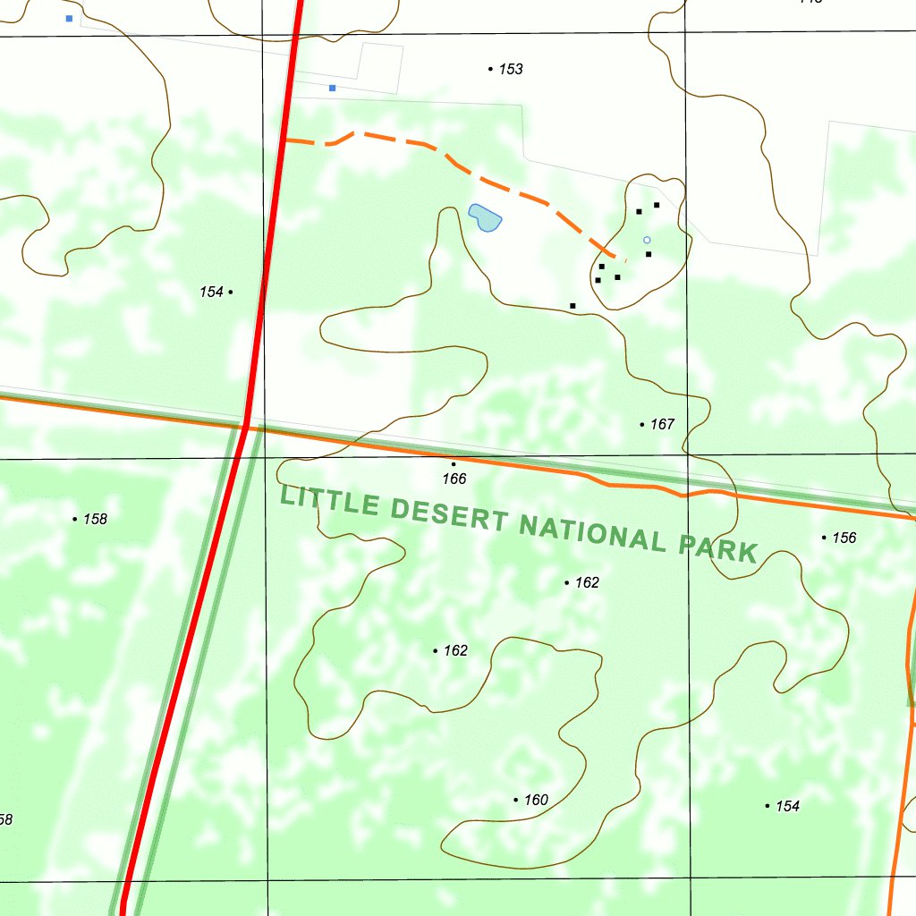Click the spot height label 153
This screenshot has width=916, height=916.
coord(511,70)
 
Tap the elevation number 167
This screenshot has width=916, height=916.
coord(662,424)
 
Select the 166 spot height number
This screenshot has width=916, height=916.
coord(454,479)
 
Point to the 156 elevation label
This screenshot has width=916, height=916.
coord(844,538)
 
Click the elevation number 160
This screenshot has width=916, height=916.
coord(536,800)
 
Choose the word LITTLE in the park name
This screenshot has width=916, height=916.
coord(330,500)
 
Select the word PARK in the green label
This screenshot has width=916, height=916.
coord(718,548)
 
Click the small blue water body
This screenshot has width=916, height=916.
coord(484,216)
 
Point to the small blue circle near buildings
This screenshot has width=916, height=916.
coord(647,240)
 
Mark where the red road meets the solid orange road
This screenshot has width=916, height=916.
coord(245,426)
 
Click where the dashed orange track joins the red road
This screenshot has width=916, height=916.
coord(284,141)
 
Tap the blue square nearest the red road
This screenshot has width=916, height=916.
coord(332,88)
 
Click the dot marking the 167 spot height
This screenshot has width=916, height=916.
coord(642,424)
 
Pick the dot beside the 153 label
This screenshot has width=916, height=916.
coord(490,69)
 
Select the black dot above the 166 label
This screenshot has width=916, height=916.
coord(454,464)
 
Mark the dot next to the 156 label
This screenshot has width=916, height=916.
coord(824,538)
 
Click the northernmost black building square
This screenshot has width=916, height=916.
coord(657,205)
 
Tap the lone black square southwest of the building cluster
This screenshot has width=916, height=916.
coord(572,306)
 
